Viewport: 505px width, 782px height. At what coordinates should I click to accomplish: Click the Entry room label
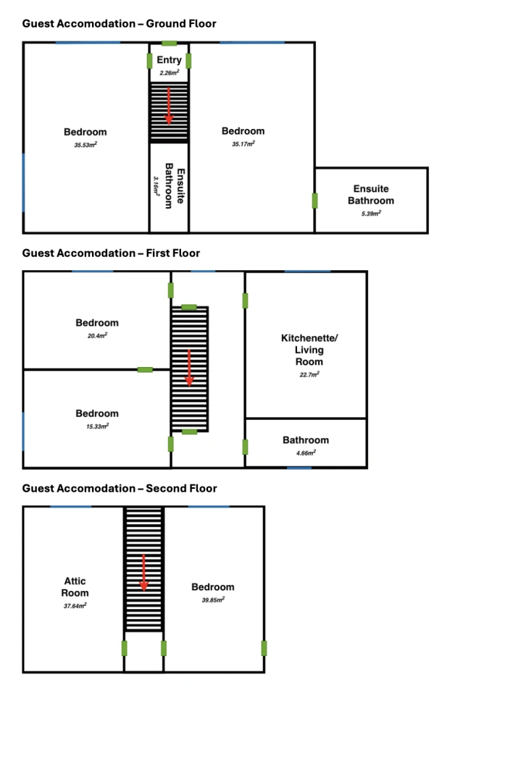tap(169, 60)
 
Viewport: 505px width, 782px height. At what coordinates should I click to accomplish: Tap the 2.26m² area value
tap(169, 73)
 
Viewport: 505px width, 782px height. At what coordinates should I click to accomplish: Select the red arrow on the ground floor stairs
tap(169, 106)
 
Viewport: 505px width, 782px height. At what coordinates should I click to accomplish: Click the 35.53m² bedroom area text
tap(85, 145)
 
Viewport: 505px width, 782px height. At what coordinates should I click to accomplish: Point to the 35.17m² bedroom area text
tap(243, 143)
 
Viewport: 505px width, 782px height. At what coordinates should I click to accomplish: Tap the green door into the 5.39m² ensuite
tap(315, 201)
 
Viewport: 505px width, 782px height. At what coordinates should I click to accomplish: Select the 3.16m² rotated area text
tap(156, 186)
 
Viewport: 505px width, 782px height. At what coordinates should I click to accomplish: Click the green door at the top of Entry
tap(169, 43)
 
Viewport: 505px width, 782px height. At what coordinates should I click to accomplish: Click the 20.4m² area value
tap(97, 336)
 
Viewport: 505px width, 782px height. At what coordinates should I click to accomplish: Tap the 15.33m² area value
tap(97, 426)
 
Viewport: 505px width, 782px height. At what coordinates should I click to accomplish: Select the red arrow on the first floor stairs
tap(189, 368)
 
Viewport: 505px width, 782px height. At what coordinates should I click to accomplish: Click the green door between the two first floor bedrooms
tap(145, 369)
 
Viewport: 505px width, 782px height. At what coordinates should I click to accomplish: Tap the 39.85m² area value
tap(213, 600)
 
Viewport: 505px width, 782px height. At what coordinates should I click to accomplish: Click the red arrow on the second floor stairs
tap(143, 573)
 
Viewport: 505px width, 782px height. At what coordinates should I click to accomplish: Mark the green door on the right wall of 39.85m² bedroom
tap(264, 648)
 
